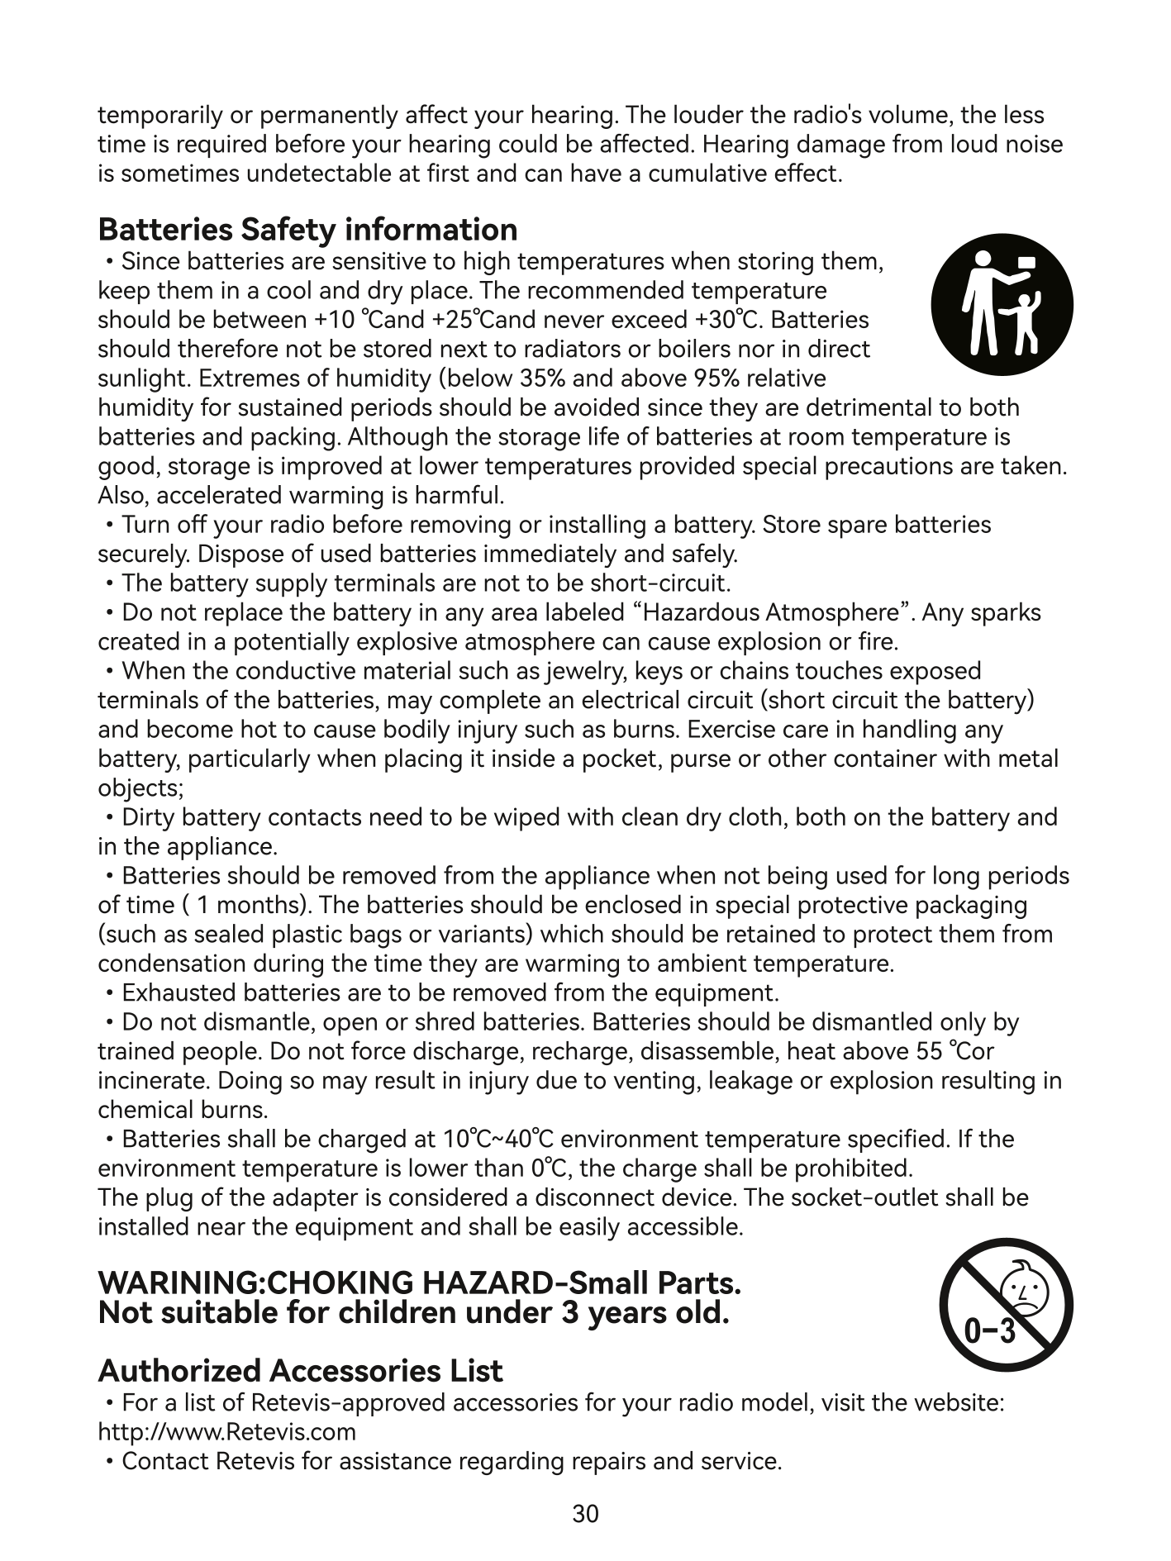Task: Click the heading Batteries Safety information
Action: [x=307, y=229]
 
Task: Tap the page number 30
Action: [x=585, y=1514]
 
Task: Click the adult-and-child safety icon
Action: [x=1002, y=304]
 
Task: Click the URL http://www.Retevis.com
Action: [x=226, y=1431]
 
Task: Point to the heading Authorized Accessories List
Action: [x=300, y=1371]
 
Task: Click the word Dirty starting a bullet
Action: [x=148, y=817]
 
